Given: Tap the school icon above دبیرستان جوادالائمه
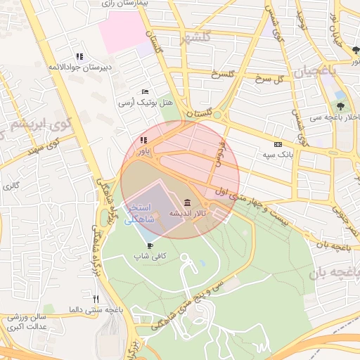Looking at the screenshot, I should [x=79, y=56].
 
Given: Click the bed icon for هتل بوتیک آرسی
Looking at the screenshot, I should [x=145, y=91].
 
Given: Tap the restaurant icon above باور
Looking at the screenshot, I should [x=143, y=140].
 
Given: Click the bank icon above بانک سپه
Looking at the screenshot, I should [x=277, y=143].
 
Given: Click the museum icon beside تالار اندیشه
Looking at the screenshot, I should [x=186, y=202].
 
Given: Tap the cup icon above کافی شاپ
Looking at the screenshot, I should [x=150, y=245].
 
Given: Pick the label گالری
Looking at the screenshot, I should [x=11, y=186].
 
